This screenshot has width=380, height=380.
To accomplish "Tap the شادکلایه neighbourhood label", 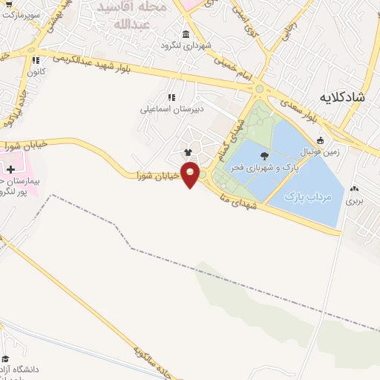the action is pyautogui.click(x=344, y=97).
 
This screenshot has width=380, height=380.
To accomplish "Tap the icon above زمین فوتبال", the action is pyautogui.click(x=320, y=140).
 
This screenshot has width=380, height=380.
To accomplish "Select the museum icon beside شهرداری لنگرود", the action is pyautogui.click(x=185, y=34).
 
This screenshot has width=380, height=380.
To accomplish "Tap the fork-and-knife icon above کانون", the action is pyautogui.click(x=34, y=61).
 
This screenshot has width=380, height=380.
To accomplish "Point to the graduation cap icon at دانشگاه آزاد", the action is pyautogui.click(x=6, y=358).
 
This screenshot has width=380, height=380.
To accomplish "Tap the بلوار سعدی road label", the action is pyautogui.click(x=304, y=112).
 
